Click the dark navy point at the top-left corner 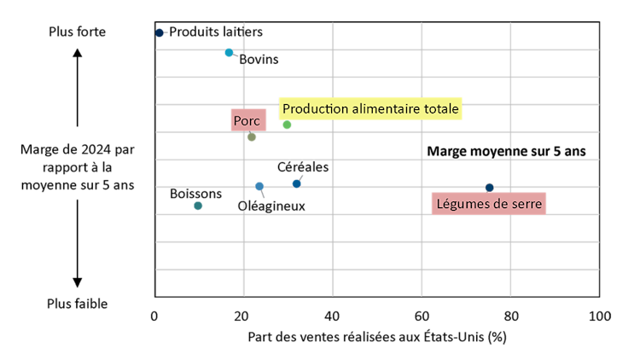point(160,32)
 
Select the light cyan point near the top point(229,52)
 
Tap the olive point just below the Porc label point(252,136)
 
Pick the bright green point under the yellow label point(287,125)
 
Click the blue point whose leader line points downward point(259,186)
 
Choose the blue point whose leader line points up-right point(296,183)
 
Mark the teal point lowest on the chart point(198,206)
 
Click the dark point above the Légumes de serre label point(489,188)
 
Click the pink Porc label point(247,121)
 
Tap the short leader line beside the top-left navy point point(166,32)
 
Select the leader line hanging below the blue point point(263,195)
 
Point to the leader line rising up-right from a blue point point(300,177)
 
